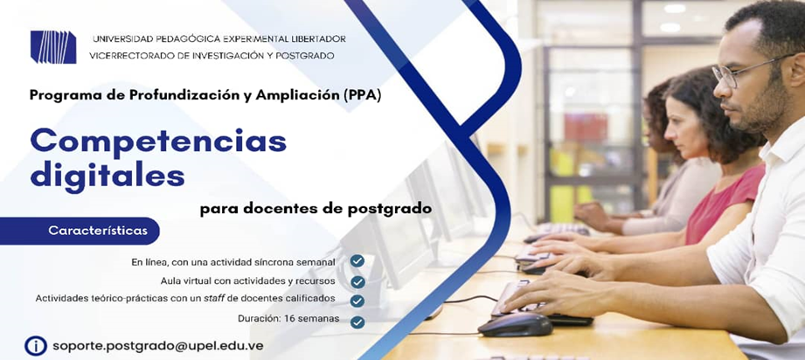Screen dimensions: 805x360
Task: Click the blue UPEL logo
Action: point(53,47)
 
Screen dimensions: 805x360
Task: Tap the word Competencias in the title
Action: point(158,142)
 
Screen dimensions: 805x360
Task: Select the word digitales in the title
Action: point(108,176)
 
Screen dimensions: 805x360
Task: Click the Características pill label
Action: point(98,231)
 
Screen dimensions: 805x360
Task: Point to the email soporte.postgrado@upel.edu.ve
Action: point(158,346)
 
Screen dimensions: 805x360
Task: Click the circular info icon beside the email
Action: point(36,346)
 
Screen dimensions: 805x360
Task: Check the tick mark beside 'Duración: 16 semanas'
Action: point(357,322)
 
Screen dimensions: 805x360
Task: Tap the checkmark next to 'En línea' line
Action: point(357,261)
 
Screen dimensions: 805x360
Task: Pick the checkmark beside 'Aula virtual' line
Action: point(357,281)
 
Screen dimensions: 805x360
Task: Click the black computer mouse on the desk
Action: point(515,326)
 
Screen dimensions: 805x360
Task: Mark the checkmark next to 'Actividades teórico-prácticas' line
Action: point(357,301)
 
